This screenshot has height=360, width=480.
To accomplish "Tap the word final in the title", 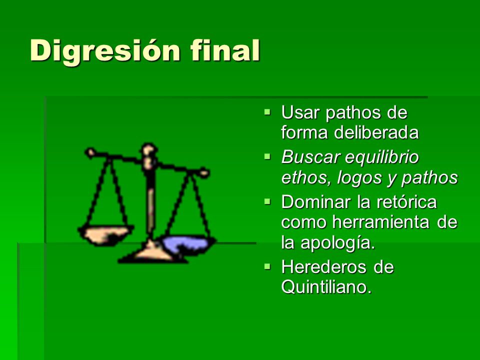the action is tap(225, 50).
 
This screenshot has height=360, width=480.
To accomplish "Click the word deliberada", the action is tap(376, 132).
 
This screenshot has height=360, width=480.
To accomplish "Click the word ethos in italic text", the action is tap(306, 177).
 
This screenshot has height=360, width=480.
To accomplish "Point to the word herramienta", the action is tap(381, 222).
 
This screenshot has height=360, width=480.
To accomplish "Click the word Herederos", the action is tap(323, 267).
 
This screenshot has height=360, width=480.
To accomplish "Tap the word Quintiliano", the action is tap(326, 287).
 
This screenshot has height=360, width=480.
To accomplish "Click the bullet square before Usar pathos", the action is tap(267, 111).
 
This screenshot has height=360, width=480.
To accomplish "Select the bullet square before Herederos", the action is tap(267, 266).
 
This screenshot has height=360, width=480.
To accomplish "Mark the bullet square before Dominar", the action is tap(267, 201).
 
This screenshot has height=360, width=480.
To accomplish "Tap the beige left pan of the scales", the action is tap(105, 235).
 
